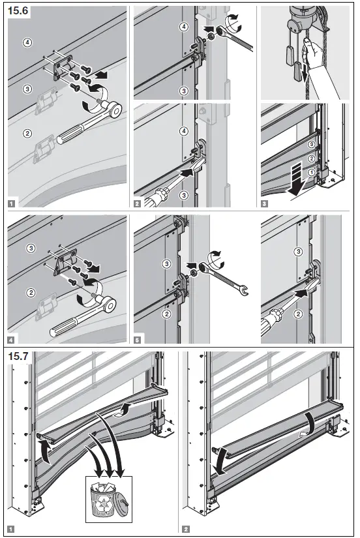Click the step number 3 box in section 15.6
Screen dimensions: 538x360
coord(265,203)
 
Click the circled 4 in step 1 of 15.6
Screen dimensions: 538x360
coord(27,44)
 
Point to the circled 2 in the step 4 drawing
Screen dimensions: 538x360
coord(29,292)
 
